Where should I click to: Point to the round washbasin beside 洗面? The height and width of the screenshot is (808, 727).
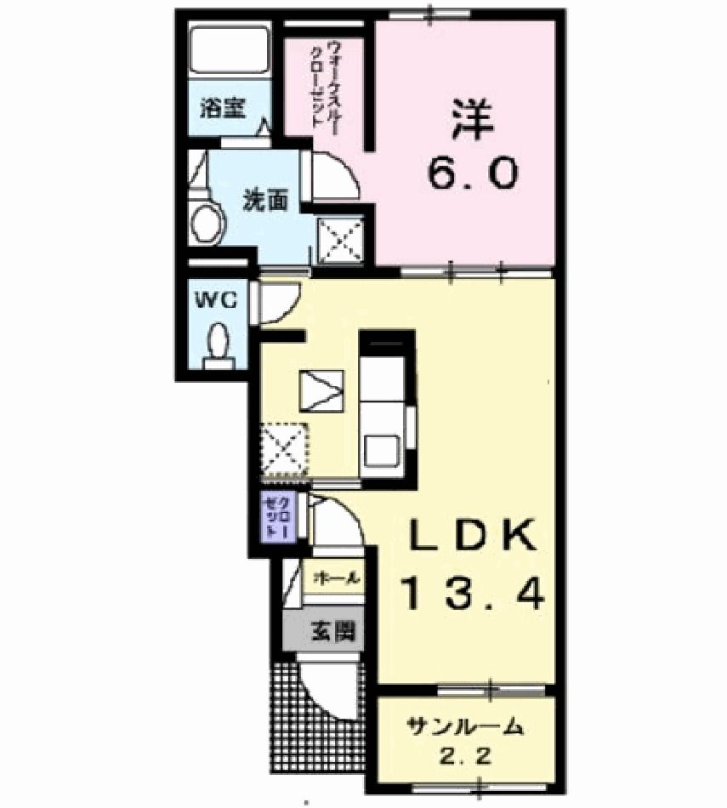pos(206,225)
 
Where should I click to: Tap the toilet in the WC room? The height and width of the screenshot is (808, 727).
pos(219,344)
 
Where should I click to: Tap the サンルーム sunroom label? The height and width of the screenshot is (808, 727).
pos(463,727)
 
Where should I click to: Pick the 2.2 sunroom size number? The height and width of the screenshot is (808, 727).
pos(464,755)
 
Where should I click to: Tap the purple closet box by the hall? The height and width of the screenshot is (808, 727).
pos(278,518)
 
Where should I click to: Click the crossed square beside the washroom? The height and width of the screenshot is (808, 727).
pos(341,239)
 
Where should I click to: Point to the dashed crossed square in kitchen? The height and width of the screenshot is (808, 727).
pos(284,448)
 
